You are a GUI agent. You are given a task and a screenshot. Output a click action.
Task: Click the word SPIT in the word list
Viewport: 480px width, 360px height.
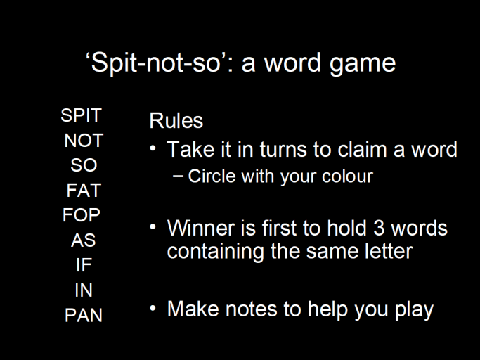pyautogui.click(x=81, y=115)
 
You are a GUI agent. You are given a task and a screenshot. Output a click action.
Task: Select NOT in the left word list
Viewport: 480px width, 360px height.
pyautogui.click(x=84, y=141)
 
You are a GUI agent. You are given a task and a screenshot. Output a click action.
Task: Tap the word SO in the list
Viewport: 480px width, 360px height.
pyautogui.click(x=84, y=166)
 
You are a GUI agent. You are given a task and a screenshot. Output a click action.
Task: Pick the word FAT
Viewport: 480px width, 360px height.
pyautogui.click(x=84, y=191)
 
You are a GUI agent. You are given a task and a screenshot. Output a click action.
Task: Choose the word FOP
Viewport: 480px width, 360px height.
pyautogui.click(x=82, y=215)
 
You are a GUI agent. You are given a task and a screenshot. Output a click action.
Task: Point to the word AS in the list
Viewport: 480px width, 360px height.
pyautogui.click(x=83, y=240)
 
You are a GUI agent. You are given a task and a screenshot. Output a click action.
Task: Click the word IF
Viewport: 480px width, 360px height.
pyautogui.click(x=84, y=265)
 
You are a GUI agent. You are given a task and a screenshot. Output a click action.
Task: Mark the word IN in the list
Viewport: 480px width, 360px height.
pyautogui.click(x=84, y=290)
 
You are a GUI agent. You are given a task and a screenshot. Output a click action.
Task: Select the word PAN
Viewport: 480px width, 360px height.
pyautogui.click(x=84, y=315)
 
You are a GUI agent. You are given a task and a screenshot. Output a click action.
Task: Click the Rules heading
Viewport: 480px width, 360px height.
pyautogui.click(x=176, y=120)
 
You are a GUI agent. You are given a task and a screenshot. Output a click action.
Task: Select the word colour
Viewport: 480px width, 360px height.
pyautogui.click(x=346, y=176)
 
